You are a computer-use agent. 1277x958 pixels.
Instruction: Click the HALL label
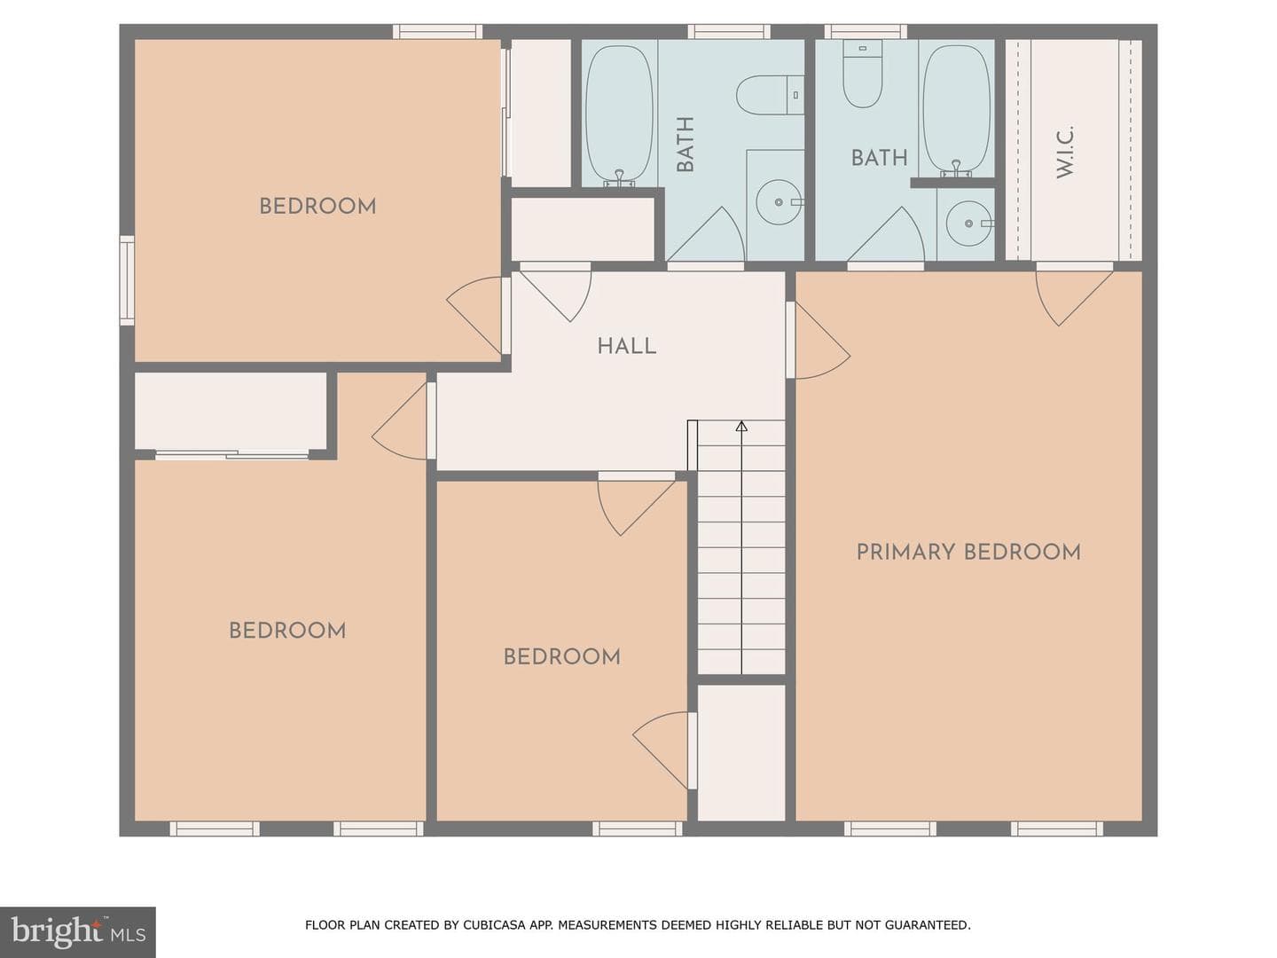pyautogui.click(x=627, y=347)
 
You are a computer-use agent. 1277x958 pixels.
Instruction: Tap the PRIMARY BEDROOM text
pyautogui.click(x=968, y=553)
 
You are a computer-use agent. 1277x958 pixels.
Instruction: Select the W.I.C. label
pyautogui.click(x=1064, y=152)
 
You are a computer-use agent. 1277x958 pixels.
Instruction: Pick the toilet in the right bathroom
pyautogui.click(x=862, y=74)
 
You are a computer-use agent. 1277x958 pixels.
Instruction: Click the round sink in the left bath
pyautogui.click(x=779, y=202)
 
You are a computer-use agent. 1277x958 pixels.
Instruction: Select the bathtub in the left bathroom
pyautogui.click(x=619, y=114)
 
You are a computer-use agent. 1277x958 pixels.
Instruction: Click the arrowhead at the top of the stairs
pyautogui.click(x=741, y=427)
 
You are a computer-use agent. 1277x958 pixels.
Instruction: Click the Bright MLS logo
pyautogui.click(x=77, y=931)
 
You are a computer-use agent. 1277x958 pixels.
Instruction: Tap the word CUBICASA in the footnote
pyautogui.click(x=490, y=925)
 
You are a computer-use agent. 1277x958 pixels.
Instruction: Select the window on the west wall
pyautogui.click(x=127, y=280)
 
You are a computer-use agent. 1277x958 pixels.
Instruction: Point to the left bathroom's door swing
pyautogui.click(x=705, y=234)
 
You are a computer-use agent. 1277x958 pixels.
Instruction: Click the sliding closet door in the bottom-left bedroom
pyautogui.click(x=231, y=455)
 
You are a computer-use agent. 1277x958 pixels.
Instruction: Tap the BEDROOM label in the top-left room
pyautogui.click(x=317, y=207)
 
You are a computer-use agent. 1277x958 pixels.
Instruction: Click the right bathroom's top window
pyautogui.click(x=866, y=31)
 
